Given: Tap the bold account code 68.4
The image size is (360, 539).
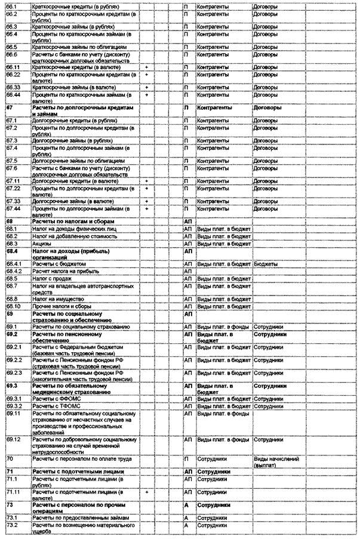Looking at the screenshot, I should point(13,251).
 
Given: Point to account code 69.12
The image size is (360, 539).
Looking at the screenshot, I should point(14,439).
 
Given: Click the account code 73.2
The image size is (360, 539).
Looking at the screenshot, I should point(11,525).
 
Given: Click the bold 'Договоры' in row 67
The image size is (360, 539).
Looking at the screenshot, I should point(269,107).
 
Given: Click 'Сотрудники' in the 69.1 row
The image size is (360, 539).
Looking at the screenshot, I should point(269,327).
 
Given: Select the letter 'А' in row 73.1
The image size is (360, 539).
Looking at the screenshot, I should point(187,518).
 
